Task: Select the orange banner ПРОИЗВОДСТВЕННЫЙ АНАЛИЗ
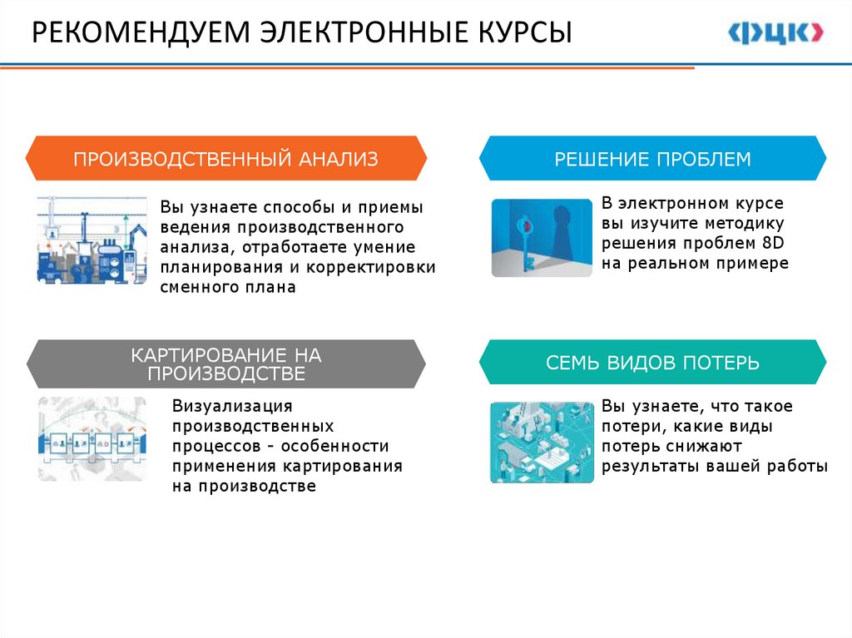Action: click(x=225, y=159)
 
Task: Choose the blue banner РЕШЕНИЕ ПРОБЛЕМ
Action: click(x=652, y=159)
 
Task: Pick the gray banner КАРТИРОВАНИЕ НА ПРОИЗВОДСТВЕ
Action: click(x=225, y=364)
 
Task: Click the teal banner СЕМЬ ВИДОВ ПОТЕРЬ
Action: click(x=652, y=363)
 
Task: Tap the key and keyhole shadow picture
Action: click(x=542, y=238)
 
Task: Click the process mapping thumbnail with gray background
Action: click(x=92, y=439)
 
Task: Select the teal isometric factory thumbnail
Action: click(x=542, y=443)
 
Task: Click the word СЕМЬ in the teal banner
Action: click(x=570, y=363)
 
